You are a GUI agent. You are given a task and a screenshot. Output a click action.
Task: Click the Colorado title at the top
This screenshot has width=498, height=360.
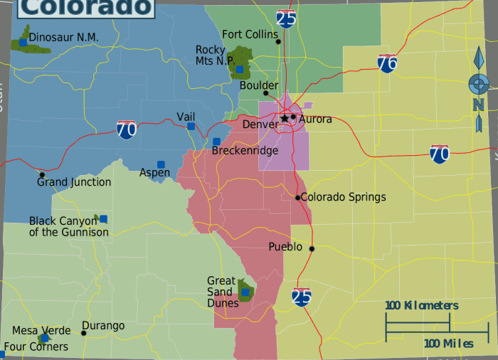point(85,7)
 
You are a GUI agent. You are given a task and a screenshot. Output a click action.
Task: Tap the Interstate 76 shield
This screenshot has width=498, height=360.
point(387,63)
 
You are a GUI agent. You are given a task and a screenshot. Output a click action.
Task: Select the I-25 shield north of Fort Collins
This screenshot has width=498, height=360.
point(286,18)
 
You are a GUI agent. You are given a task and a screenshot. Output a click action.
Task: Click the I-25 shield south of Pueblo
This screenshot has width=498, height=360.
point(302,296)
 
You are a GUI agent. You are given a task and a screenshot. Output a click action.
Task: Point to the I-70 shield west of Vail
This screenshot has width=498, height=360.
point(127,129)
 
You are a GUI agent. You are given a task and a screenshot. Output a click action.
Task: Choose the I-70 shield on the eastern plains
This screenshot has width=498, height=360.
point(440,154)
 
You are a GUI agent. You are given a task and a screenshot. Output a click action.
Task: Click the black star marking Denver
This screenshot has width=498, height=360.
point(285,118)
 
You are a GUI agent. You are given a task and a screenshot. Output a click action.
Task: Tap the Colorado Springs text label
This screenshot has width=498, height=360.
point(344,197)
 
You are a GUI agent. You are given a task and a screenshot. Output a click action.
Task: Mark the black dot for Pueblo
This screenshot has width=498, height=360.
point(311,248)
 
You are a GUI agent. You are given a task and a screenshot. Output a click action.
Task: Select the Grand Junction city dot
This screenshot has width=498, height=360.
point(42,174)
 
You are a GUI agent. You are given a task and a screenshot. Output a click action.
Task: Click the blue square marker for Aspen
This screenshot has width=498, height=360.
point(161,164)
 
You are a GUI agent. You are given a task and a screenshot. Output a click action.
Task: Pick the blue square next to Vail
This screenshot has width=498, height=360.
point(191,126)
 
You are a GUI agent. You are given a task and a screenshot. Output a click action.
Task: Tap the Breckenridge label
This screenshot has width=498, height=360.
point(245,151)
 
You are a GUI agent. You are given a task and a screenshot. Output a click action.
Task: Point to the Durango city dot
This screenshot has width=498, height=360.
point(84,333)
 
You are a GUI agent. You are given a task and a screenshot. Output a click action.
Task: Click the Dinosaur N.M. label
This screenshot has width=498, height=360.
point(64,37)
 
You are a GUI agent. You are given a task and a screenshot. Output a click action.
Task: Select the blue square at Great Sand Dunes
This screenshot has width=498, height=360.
point(245,292)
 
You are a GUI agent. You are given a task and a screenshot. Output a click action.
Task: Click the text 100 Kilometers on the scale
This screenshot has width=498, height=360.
point(422,306)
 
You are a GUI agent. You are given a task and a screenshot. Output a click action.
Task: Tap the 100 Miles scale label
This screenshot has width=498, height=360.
point(449,344)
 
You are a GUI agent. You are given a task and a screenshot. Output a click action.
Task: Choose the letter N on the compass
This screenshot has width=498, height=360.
point(478,105)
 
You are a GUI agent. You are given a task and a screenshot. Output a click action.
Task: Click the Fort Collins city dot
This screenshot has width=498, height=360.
point(278,41)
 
